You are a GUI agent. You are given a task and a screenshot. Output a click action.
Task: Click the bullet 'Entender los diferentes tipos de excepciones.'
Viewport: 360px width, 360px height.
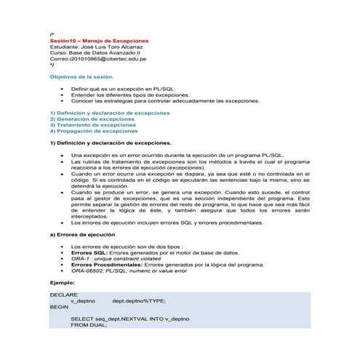pyautogui.click(x=129, y=95)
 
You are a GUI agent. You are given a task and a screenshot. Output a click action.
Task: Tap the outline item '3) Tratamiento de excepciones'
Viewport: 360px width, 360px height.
pyautogui.click(x=93, y=125)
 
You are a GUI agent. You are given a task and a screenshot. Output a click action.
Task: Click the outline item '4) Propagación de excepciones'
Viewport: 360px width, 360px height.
pyautogui.click(x=94, y=131)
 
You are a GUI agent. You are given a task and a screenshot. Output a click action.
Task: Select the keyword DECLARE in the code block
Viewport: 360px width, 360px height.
pyautogui.click(x=63, y=295)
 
